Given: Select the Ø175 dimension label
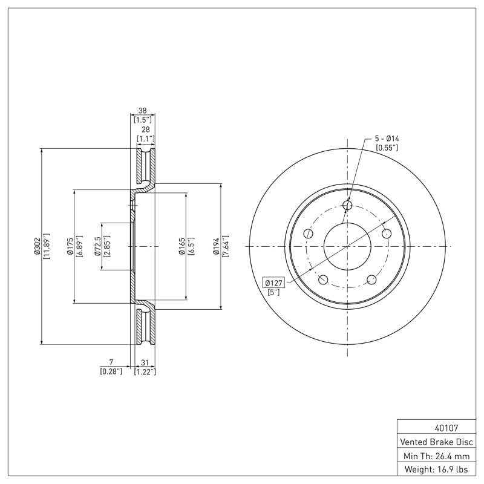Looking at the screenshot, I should [x=70, y=247].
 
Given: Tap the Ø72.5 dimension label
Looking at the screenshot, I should [x=97, y=247].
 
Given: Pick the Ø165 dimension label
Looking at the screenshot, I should [x=181, y=247].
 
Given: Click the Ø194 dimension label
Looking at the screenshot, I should [x=217, y=247].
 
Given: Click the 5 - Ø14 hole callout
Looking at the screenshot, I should [x=387, y=139].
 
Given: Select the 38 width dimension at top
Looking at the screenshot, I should [x=143, y=111].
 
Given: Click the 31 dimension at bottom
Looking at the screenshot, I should [x=145, y=362].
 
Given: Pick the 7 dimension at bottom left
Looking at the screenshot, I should [x=111, y=362].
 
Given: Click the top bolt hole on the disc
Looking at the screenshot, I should [x=347, y=206].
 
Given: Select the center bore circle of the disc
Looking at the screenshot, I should [x=347, y=246].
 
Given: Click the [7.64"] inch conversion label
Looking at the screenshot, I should [x=225, y=247].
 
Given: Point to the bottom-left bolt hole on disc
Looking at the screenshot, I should [x=323, y=280].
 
